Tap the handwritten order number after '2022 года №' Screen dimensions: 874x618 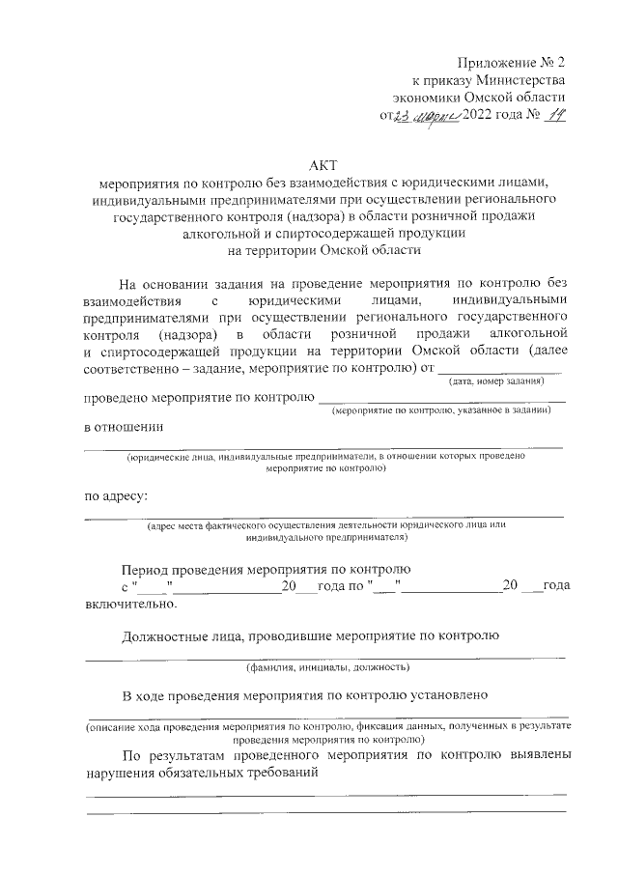(x=552, y=116)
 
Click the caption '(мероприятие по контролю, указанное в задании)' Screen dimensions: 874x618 (x=441, y=410)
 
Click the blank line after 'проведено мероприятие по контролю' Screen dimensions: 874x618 (x=441, y=398)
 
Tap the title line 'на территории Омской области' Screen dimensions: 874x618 (x=324, y=250)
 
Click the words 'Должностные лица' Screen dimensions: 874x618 (x=180, y=635)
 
